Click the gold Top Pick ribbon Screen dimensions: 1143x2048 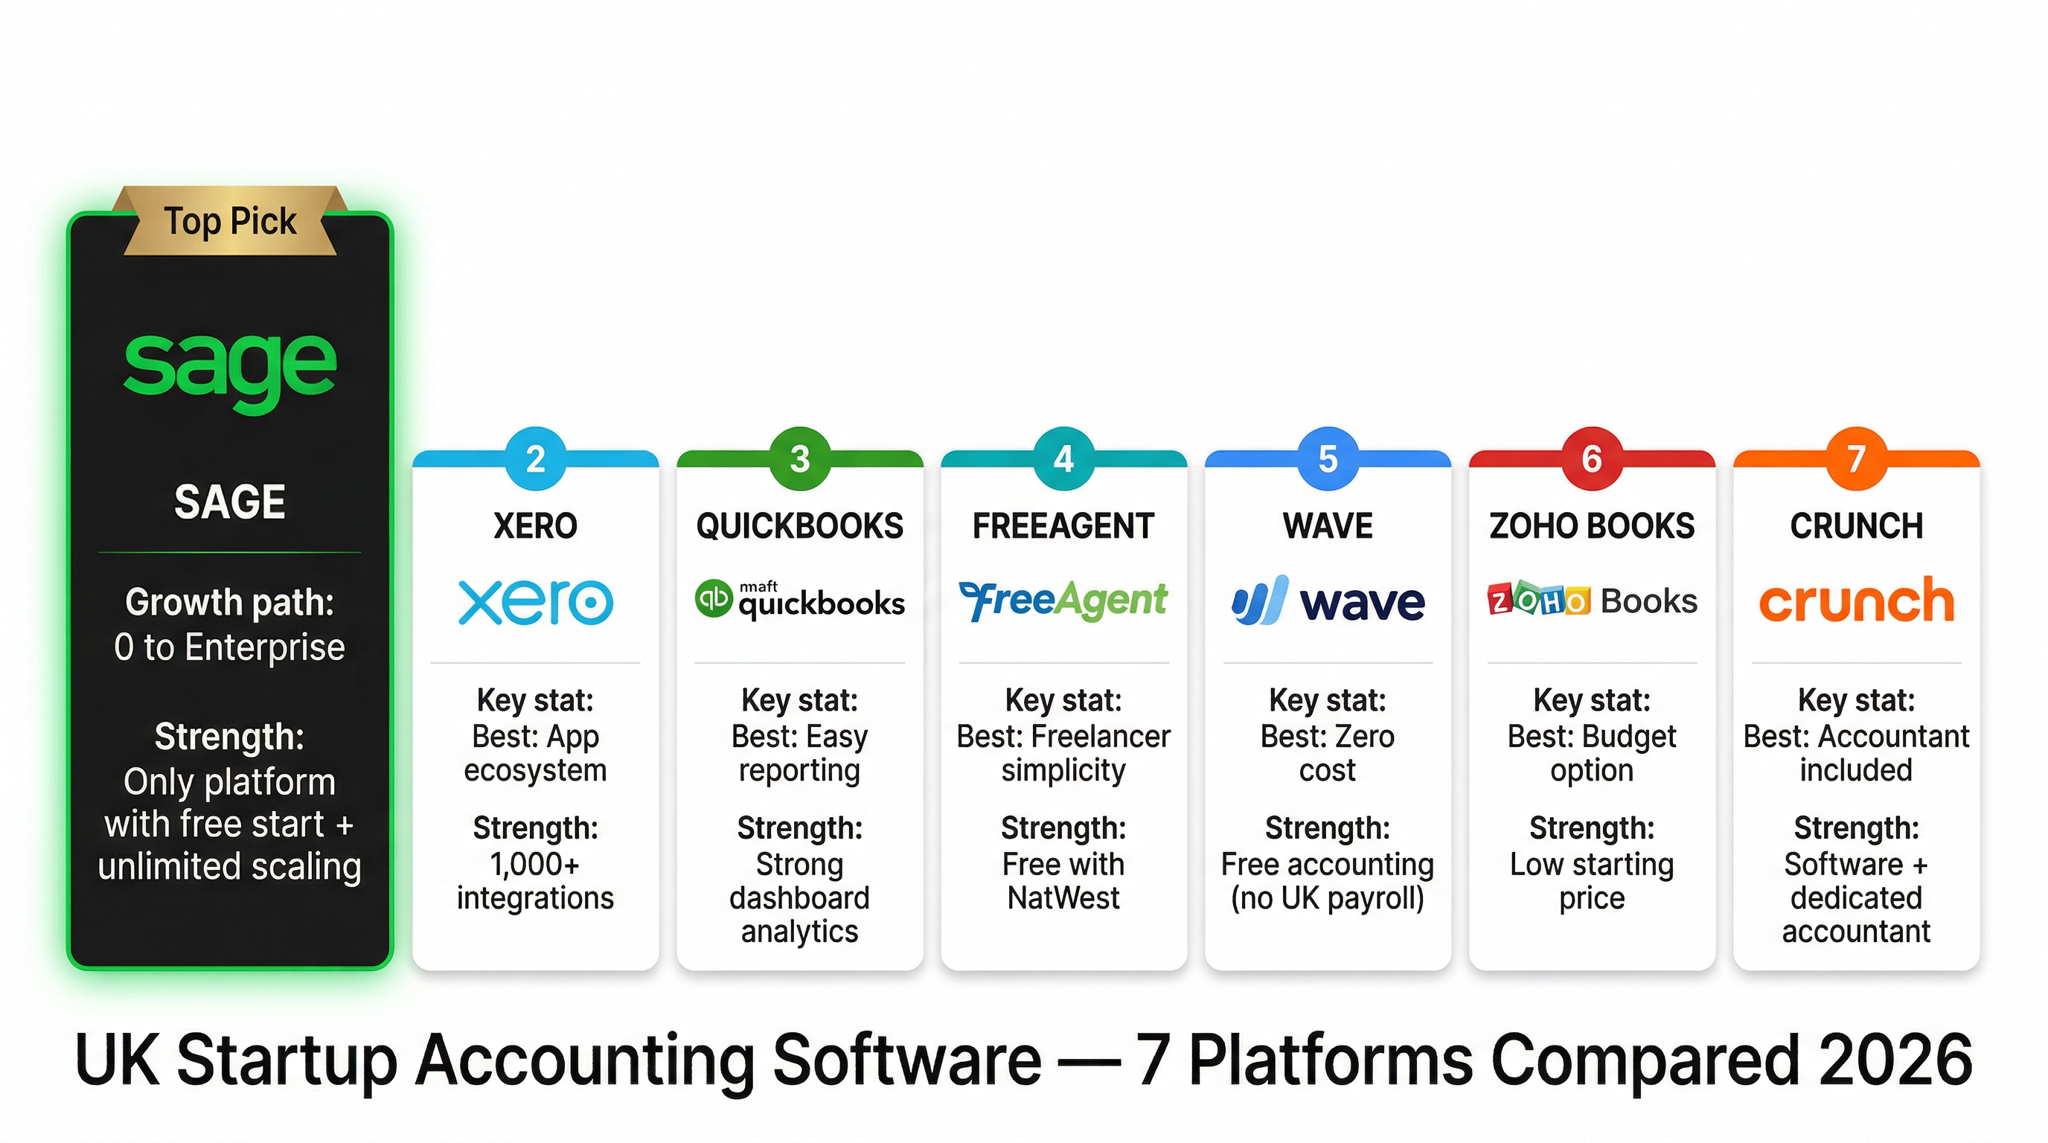point(230,221)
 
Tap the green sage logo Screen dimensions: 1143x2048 point(230,367)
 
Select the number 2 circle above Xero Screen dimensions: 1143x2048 point(535,458)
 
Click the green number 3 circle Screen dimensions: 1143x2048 point(800,458)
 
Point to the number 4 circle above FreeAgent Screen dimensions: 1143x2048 point(1063,458)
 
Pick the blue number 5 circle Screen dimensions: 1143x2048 point(1328,458)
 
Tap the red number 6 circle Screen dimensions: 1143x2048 point(1592,458)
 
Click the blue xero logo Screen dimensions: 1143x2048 point(535,602)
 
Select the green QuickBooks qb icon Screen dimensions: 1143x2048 point(712,598)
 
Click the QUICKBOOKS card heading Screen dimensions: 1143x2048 point(800,526)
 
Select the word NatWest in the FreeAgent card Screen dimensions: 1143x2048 point(1063,898)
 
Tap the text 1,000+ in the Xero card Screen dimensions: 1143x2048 point(535,864)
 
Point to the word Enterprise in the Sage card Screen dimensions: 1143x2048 point(265,648)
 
